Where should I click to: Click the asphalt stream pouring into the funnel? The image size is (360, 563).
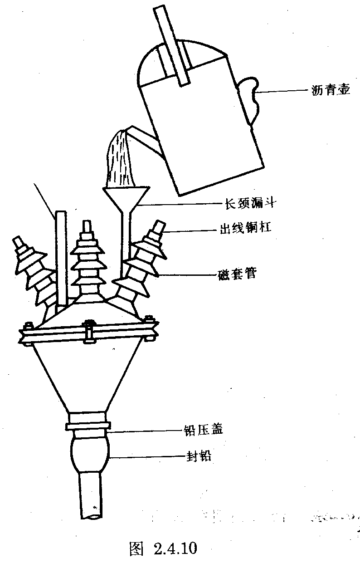tap(120, 159)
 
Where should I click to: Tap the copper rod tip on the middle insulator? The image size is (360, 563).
tap(86, 227)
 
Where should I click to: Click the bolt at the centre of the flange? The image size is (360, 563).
tap(89, 331)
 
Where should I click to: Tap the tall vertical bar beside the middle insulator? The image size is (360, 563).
tap(61, 259)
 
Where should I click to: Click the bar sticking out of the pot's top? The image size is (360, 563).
tap(171, 45)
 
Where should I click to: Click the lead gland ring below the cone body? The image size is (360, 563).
tap(88, 426)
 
